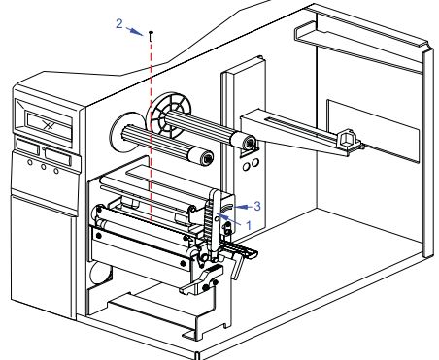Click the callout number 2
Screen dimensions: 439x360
(119, 23)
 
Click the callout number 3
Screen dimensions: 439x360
(257, 206)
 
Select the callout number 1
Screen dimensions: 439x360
(249, 225)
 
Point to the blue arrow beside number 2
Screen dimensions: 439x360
(134, 31)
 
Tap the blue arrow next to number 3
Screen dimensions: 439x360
(243, 207)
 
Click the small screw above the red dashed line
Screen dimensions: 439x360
(151, 36)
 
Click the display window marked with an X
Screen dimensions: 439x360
(49, 125)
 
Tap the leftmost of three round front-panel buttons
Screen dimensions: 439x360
(30, 162)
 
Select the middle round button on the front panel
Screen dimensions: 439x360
(43, 167)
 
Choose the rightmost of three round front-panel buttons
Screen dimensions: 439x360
(56, 171)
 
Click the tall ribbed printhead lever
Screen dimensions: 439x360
(213, 225)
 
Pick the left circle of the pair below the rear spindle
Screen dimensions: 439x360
(246, 167)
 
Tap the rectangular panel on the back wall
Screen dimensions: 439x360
(372, 131)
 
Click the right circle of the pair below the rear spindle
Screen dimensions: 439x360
(255, 162)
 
